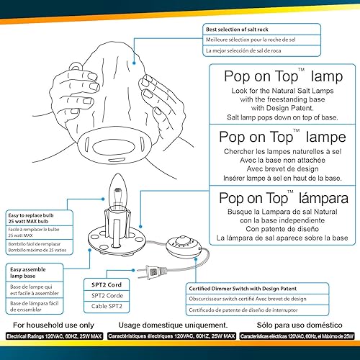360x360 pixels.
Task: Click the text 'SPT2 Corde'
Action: pos(103,295)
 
